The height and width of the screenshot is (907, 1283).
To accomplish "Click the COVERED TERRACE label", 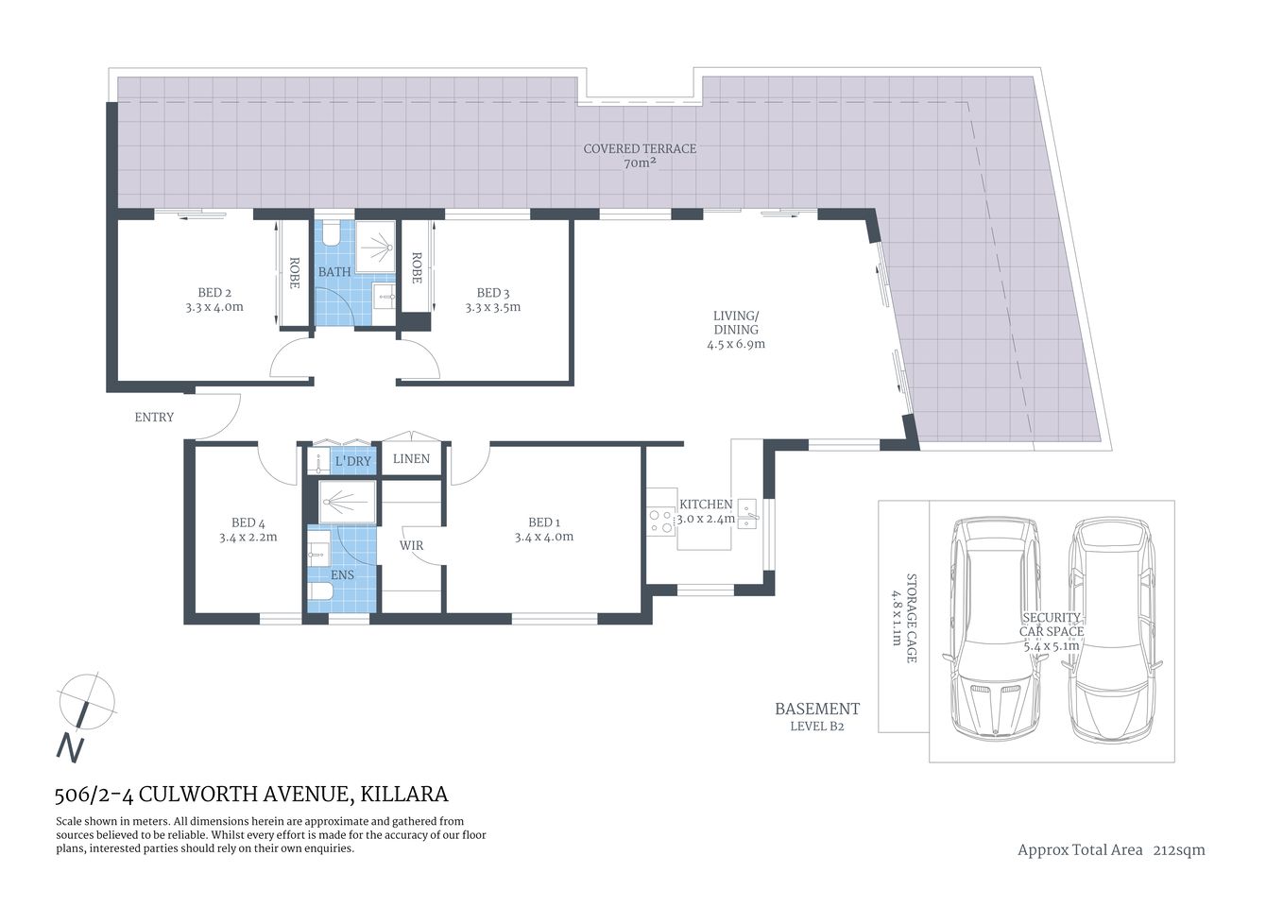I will (x=640, y=149).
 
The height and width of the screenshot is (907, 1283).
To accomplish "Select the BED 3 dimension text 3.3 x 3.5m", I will (x=492, y=307).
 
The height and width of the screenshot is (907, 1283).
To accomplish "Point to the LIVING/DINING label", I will (x=735, y=322).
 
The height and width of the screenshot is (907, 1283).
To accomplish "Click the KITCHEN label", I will (x=706, y=505).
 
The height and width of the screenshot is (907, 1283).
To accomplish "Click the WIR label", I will (x=411, y=546).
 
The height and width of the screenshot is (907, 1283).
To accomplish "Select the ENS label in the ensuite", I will (x=341, y=574).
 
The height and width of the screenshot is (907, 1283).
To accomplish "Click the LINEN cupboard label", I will (x=411, y=459).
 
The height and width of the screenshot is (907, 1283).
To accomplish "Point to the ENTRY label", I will (x=154, y=417).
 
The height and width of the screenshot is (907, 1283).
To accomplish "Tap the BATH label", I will (x=334, y=272).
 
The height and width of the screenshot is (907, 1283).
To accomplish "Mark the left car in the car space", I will (x=996, y=628).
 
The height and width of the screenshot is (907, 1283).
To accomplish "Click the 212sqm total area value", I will (x=1178, y=850).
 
